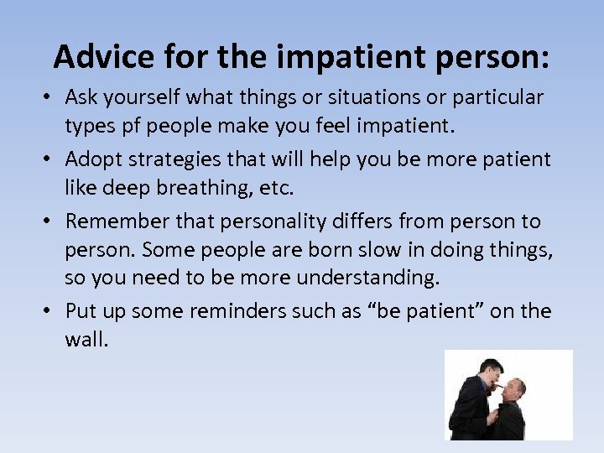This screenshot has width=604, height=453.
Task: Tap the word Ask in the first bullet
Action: pyautogui.click(x=81, y=97)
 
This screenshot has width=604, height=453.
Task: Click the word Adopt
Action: pyautogui.click(x=91, y=159)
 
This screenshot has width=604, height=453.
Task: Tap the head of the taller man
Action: pyautogui.click(x=490, y=369)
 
